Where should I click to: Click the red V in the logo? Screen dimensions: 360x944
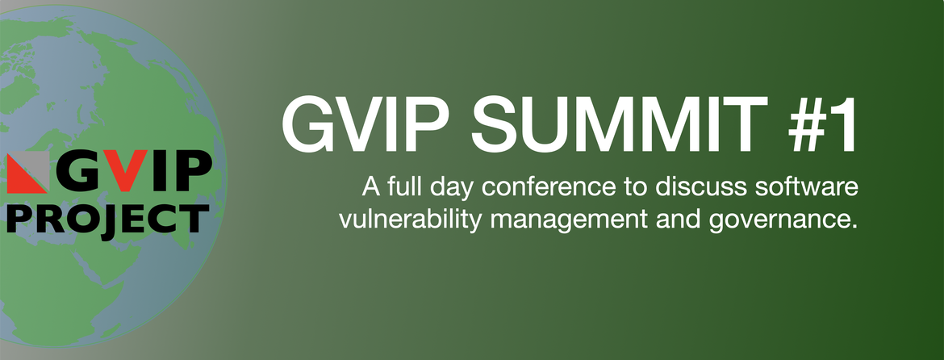pyautogui.click(x=124, y=171)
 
